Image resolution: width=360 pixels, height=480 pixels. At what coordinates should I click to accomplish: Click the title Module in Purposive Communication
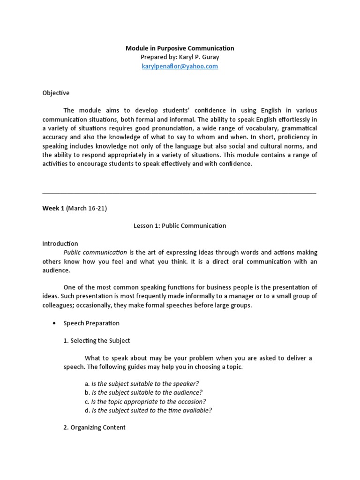[180, 48]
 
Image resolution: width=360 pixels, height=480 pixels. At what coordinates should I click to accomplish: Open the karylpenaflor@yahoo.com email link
[180, 66]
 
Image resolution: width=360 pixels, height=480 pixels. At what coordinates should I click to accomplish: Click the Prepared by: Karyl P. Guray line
[180, 57]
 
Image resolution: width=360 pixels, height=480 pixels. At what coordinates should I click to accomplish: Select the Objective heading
[56, 93]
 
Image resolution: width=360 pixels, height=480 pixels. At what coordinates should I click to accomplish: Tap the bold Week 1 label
[52, 208]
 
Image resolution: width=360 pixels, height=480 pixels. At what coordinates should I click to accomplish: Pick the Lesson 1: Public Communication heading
[180, 225]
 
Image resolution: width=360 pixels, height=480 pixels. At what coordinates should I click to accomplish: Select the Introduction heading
[60, 243]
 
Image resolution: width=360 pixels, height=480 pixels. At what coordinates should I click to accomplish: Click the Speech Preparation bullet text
[91, 323]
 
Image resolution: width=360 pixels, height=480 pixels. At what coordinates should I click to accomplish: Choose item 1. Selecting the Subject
[97, 340]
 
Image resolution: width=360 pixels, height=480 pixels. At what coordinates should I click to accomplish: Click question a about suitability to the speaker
[139, 383]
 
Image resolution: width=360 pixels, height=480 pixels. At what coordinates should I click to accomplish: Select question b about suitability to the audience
[140, 392]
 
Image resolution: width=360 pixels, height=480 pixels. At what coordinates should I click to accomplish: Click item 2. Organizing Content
[94, 427]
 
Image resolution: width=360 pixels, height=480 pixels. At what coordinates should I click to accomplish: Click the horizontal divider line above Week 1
[179, 193]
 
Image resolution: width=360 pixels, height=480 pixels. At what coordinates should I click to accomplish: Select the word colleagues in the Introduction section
[60, 305]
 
